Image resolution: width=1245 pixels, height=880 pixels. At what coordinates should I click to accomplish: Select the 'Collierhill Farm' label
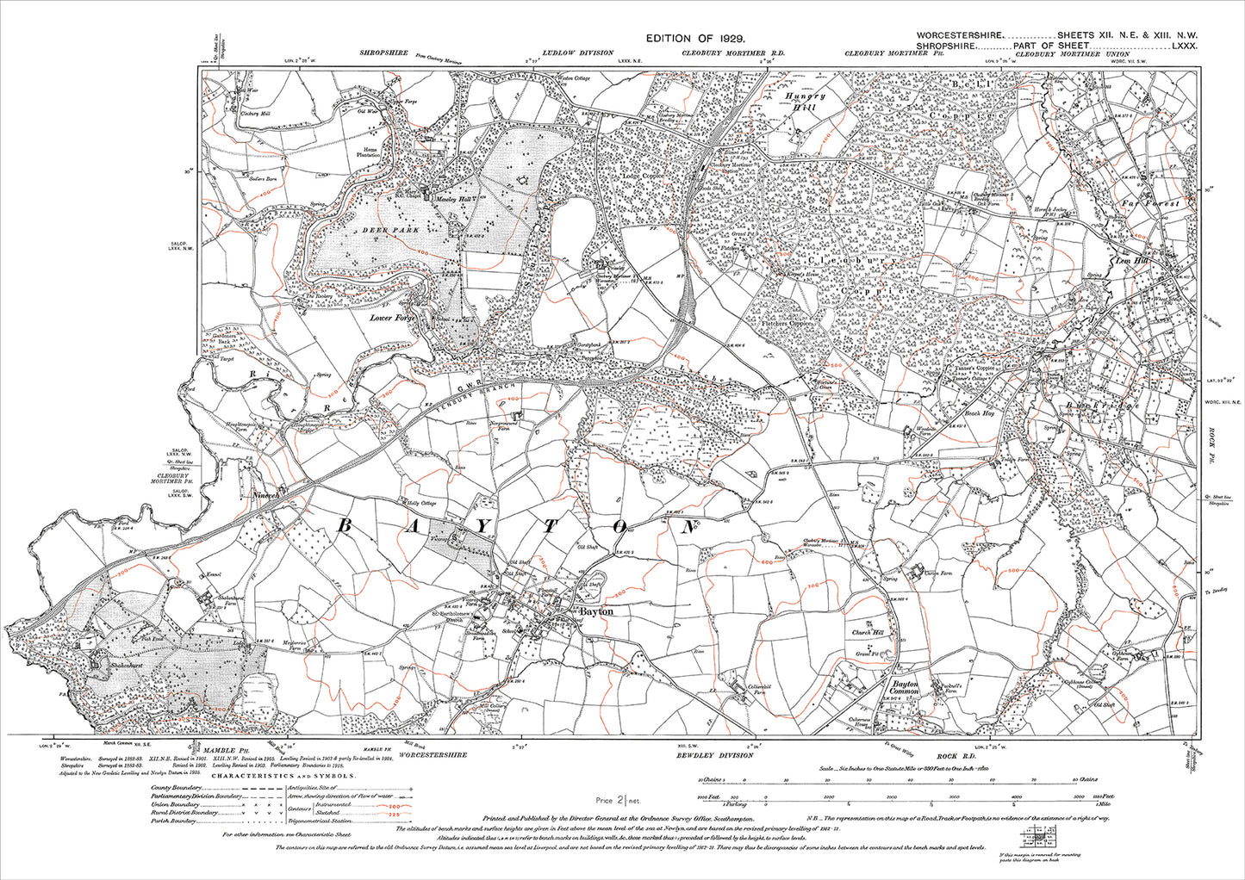[x=756, y=689]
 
